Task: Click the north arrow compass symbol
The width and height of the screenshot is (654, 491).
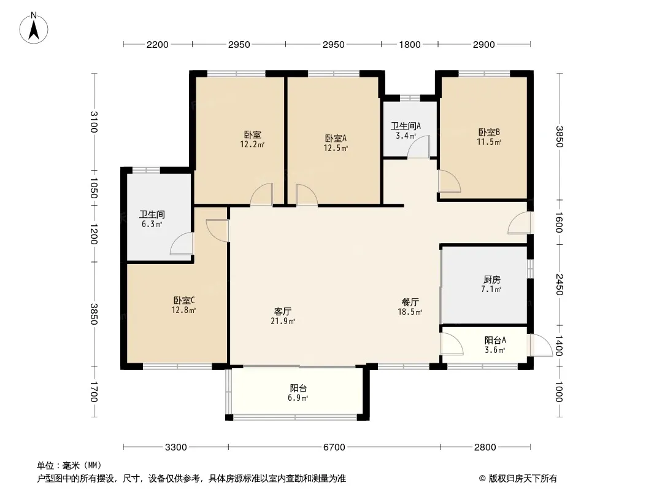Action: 34,28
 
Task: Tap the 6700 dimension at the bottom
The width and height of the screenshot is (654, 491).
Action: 334,447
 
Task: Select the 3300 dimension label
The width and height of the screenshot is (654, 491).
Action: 176,447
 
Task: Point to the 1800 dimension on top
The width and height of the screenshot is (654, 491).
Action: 410,44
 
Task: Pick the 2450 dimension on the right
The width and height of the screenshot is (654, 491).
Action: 560,285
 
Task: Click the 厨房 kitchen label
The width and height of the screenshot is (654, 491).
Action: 492,279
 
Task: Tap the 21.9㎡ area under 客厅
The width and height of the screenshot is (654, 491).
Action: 283,321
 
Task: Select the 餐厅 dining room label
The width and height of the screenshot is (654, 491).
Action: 410,302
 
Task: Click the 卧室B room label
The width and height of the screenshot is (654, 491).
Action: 489,132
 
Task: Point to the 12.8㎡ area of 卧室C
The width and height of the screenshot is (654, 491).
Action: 183,310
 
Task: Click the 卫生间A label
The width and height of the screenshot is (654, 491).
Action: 406,126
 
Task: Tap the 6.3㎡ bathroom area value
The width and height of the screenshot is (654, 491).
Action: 152,224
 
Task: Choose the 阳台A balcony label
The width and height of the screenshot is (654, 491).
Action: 495,341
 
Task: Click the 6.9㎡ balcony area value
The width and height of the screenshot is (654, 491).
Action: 298,398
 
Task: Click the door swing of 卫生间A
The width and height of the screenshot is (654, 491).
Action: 418,147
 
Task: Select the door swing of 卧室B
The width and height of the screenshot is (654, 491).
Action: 450,181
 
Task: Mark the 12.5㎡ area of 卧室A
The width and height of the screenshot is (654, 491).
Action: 336,148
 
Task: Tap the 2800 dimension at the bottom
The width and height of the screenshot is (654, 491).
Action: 485,447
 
